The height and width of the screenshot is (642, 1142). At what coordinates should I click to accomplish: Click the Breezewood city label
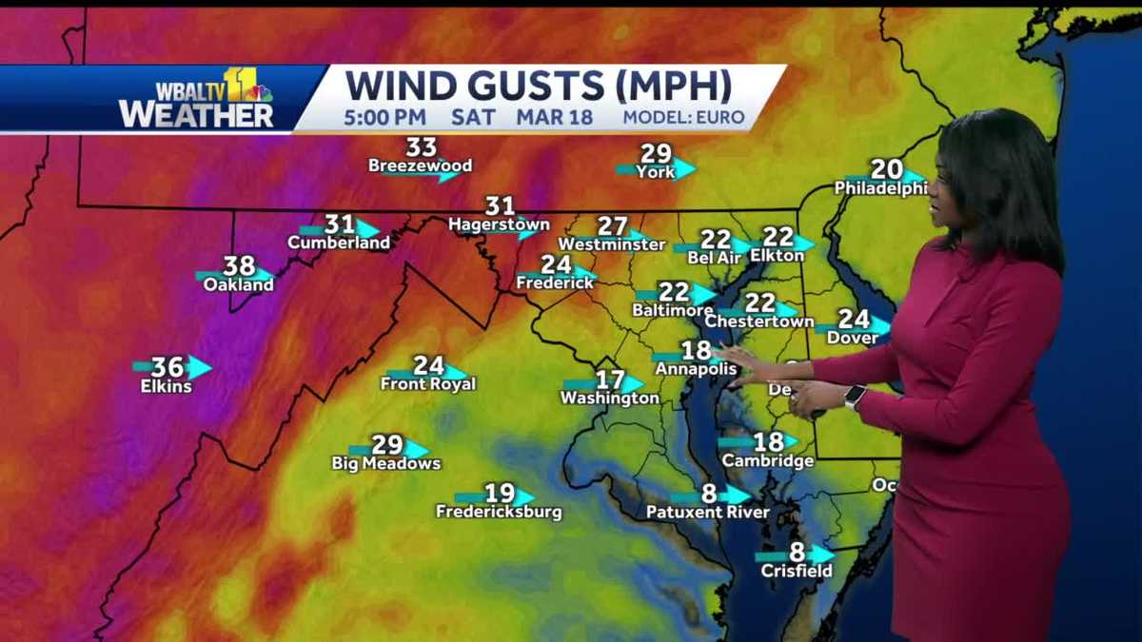(420, 166)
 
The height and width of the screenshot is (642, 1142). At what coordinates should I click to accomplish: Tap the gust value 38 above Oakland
(239, 266)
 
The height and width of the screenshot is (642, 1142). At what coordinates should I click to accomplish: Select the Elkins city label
(166, 387)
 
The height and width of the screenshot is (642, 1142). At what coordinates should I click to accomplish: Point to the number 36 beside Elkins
(167, 367)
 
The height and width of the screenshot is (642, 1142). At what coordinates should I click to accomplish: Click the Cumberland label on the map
(339, 243)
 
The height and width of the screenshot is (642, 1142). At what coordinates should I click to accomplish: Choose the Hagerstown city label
(499, 225)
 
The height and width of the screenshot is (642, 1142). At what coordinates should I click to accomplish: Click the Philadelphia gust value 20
(887, 169)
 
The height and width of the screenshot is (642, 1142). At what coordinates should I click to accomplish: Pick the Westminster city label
(611, 244)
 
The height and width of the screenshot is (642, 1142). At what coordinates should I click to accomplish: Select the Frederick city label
(549, 282)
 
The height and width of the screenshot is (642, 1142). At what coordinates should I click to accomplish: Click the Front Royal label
(428, 384)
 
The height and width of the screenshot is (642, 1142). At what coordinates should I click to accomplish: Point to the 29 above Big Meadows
(387, 444)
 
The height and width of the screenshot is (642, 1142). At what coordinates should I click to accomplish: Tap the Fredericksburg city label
(499, 513)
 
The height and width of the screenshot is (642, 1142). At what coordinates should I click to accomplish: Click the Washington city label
(609, 399)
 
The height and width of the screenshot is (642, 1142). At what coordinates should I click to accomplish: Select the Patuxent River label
(707, 513)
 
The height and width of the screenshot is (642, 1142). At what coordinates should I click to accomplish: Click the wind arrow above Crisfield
(818, 554)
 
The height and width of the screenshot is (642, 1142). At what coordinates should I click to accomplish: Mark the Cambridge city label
(767, 461)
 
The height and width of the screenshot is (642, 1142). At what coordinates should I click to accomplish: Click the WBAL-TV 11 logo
(197, 98)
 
